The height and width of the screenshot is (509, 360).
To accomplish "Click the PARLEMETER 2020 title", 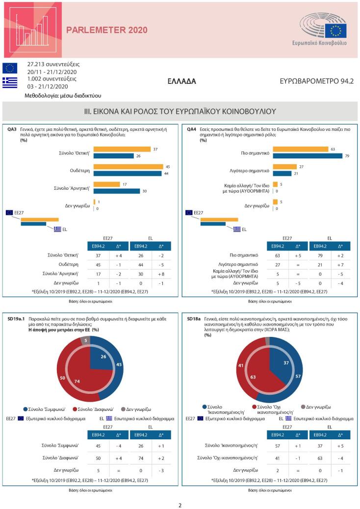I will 106,30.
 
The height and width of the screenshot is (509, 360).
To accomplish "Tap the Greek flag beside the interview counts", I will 9,82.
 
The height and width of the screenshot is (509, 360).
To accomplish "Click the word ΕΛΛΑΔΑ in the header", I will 181,81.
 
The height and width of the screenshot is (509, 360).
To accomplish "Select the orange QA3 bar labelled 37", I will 122,149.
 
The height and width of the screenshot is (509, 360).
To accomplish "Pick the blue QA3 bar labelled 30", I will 116,191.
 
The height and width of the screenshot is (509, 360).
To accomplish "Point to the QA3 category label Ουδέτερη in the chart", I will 80,170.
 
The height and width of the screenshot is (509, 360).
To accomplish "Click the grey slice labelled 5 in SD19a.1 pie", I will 85,340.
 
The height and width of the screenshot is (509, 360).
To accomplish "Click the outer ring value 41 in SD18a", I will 240,365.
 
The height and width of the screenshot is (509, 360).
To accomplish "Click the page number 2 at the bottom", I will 180,505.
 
